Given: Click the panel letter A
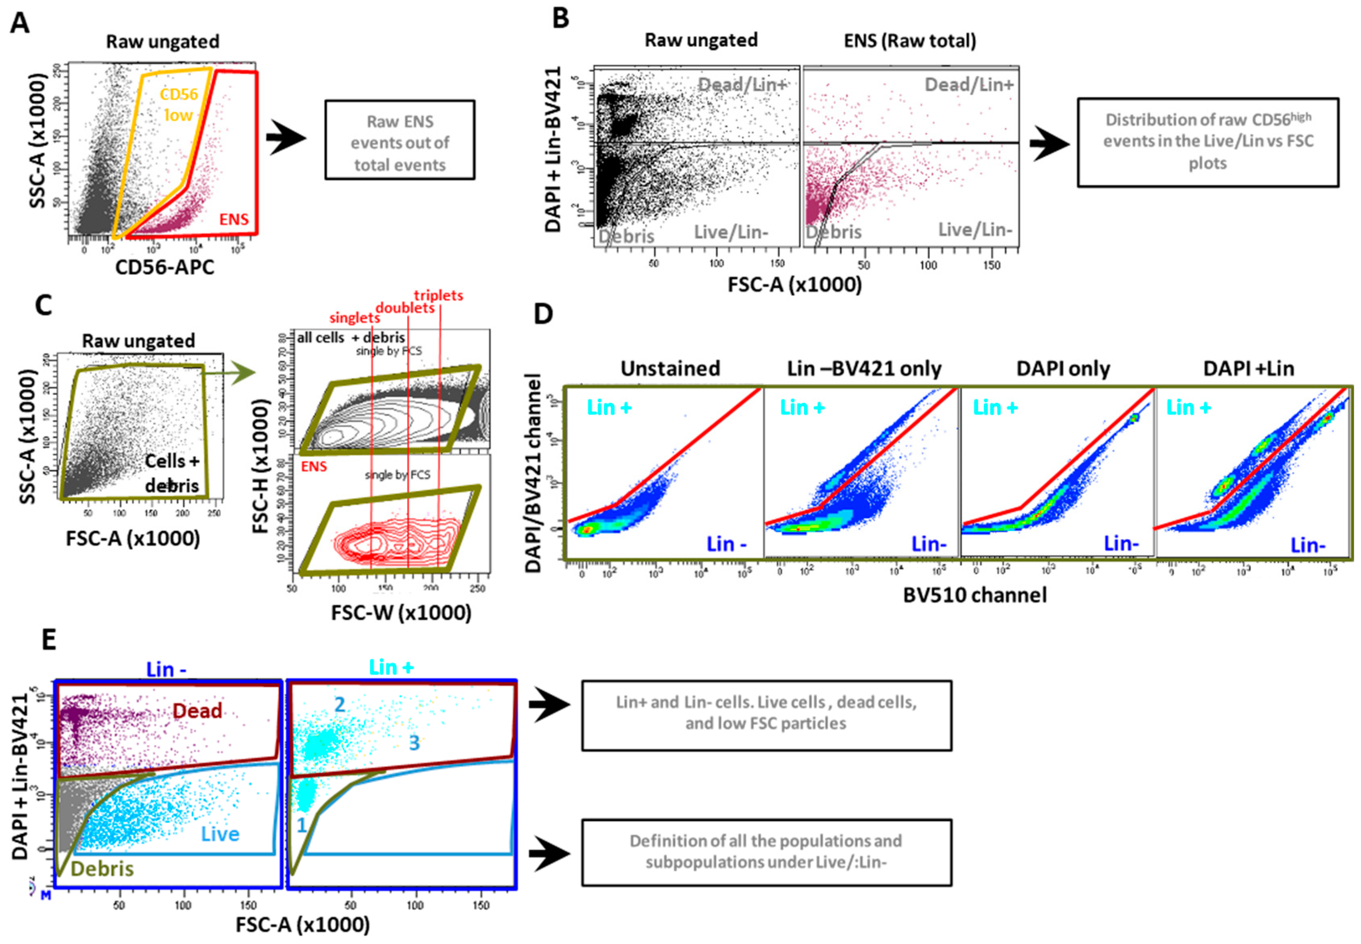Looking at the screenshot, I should pos(19,24).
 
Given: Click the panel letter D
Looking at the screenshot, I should pos(543,314).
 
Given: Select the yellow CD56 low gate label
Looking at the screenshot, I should pos(179,104).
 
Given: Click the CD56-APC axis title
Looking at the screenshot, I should pos(165,267).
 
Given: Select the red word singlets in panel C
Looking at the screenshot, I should pos(354,318).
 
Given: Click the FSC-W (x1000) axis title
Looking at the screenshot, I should pos(401,612).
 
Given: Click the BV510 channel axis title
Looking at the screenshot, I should pos(974,594).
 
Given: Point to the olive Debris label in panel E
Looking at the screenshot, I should pos(102,868).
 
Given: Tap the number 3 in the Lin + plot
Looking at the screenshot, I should pos(414,743).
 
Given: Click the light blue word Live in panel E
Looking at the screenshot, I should pos(220,834).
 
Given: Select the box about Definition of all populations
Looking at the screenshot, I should pos(766,852).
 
